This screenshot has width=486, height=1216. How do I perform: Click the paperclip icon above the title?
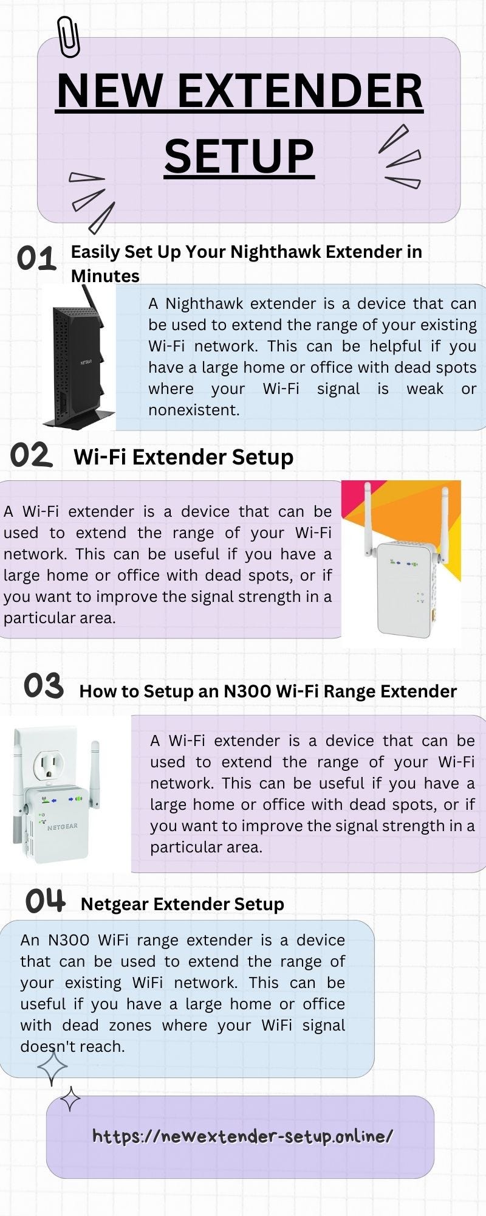(68, 36)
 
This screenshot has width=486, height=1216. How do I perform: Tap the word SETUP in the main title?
(239, 156)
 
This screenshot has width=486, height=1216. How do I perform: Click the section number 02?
(31, 455)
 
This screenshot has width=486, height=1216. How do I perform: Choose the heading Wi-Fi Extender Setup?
(183, 457)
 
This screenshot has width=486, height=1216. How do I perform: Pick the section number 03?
(44, 686)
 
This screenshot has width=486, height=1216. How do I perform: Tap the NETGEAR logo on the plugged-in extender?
(63, 826)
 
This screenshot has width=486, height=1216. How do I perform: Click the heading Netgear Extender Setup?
(182, 904)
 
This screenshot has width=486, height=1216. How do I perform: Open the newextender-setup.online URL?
(242, 1136)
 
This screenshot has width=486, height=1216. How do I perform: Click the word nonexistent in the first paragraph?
(194, 410)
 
